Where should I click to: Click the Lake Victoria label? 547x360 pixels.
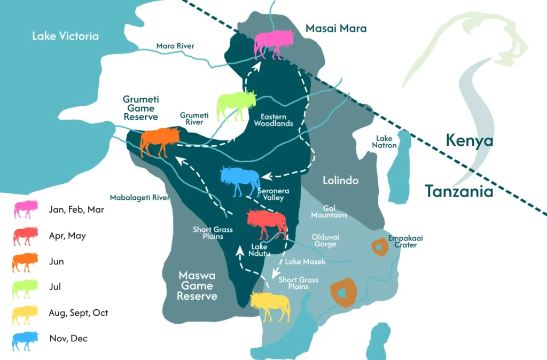[65, 36]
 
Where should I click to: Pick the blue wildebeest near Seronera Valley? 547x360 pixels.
[240, 181]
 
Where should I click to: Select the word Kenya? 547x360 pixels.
[470, 142]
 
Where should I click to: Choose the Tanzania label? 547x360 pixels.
[459, 191]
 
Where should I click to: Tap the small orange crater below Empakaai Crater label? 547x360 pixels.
[379, 247]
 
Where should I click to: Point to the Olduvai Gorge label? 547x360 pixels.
[325, 240]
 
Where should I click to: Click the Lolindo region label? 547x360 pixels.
[340, 181]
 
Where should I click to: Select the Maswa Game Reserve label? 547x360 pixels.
[197, 286]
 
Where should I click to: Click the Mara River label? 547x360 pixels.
[175, 46]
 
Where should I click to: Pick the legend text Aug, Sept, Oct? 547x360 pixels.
[78, 312]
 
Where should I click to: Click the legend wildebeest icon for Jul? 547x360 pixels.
[25, 288]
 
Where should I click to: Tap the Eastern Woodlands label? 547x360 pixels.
[273, 120]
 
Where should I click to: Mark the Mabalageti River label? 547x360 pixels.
[139, 198]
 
